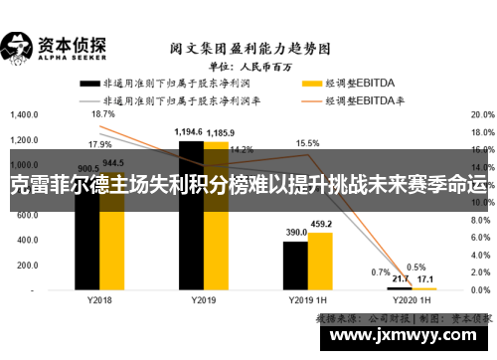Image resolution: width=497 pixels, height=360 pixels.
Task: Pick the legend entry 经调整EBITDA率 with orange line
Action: pos(343,100)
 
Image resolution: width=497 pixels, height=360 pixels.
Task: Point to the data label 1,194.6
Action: pos(189,132)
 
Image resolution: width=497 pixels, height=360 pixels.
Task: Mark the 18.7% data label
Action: pos(102,114)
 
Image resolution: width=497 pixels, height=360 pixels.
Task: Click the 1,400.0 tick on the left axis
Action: pos(23,114)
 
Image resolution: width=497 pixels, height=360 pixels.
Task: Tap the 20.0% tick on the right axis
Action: pos(481,114)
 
